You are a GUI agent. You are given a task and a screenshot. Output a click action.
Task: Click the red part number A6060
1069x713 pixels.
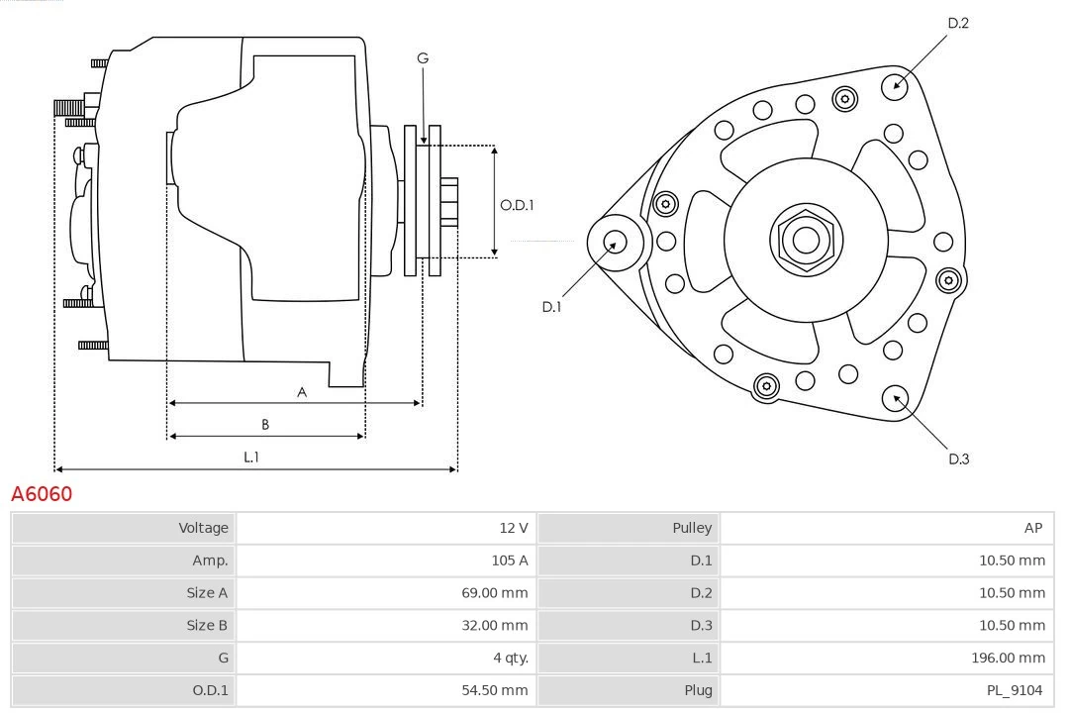42,493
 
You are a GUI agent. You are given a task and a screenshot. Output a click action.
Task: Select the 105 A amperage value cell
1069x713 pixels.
510,560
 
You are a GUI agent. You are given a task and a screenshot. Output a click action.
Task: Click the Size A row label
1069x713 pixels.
207,593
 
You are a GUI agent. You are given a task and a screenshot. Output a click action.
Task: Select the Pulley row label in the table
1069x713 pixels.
692,528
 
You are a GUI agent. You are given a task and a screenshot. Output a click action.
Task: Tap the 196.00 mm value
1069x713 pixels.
1008,658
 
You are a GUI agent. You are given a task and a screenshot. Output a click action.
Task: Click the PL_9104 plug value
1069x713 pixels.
1014,690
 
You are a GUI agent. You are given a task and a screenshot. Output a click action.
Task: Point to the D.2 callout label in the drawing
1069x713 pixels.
958,23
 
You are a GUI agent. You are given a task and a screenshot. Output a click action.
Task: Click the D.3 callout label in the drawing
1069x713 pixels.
958,458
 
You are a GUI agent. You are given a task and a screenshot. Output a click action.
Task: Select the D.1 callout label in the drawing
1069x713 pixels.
551,307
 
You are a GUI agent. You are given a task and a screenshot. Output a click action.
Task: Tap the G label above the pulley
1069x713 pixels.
423,58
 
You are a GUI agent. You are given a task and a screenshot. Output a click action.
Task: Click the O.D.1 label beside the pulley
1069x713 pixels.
517,205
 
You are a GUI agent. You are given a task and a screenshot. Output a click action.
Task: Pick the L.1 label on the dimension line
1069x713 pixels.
251,457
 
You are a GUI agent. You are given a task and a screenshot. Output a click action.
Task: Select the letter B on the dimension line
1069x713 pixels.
265,424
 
